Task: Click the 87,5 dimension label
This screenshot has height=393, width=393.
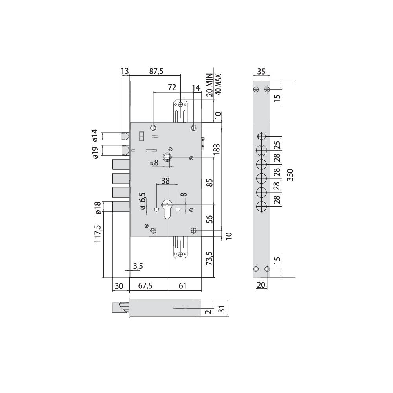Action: pos(156,72)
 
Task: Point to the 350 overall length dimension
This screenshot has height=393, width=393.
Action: pos(290,175)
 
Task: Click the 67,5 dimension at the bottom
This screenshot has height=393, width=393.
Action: pos(145,286)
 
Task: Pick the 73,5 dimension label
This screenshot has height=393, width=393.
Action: pos(209,258)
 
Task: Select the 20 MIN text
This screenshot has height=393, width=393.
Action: pos(209,85)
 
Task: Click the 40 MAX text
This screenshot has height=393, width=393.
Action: pos(218,84)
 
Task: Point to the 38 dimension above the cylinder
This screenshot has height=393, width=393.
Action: pos(165,181)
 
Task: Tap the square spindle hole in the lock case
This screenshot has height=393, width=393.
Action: pos(167,157)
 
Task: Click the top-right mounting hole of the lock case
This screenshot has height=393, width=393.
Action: pos(193,128)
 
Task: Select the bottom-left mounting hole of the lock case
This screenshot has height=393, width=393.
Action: pos(153,231)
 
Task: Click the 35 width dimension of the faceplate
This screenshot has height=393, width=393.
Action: pos(261,72)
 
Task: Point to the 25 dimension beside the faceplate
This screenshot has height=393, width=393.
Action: pos(277,145)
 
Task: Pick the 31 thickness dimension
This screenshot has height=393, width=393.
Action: pos(222,309)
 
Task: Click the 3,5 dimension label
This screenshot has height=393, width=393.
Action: pos(138,266)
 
